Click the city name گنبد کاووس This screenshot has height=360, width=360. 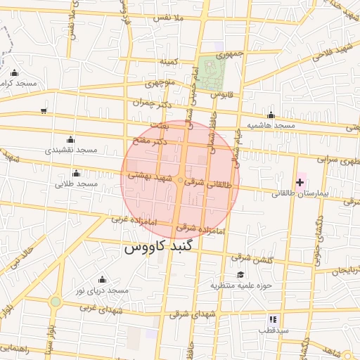coord(163,248)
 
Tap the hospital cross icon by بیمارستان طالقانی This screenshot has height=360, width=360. coord(300,181)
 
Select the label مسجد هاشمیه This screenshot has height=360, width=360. coord(270,125)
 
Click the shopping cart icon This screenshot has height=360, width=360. coord(44,110)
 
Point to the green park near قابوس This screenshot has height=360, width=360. coord(209,73)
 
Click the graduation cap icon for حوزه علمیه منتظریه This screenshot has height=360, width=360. coord(240,274)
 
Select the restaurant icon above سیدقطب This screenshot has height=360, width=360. coord(273,319)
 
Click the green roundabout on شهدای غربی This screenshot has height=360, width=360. coord(55,302)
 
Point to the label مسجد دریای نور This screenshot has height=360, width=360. coord(103,290)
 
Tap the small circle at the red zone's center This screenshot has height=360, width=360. coord(180,181)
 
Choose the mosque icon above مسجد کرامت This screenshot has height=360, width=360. coord(15,72)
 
